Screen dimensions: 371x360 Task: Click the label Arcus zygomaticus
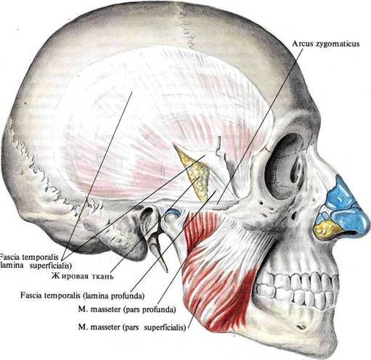point(325,44)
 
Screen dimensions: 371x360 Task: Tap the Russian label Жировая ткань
point(82,276)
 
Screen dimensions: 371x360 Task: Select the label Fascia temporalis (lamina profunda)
point(83,295)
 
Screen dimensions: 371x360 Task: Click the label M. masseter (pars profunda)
point(127,310)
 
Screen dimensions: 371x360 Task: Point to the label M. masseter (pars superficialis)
point(132,327)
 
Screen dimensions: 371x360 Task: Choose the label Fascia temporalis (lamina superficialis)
point(36,261)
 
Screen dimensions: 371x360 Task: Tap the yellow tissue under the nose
point(325,228)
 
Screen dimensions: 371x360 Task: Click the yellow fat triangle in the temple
point(195,173)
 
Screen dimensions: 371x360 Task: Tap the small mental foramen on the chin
point(301,327)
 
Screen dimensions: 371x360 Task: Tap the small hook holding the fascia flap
point(219,145)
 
